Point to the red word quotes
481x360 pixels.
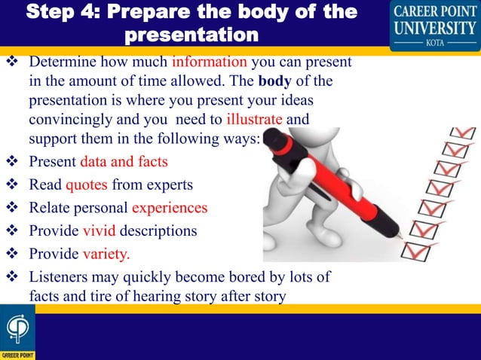pyautogui.click(x=87, y=185)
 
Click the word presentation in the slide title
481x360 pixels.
pyautogui.click(x=190, y=35)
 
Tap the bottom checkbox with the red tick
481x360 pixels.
pyautogui.click(x=413, y=249)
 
